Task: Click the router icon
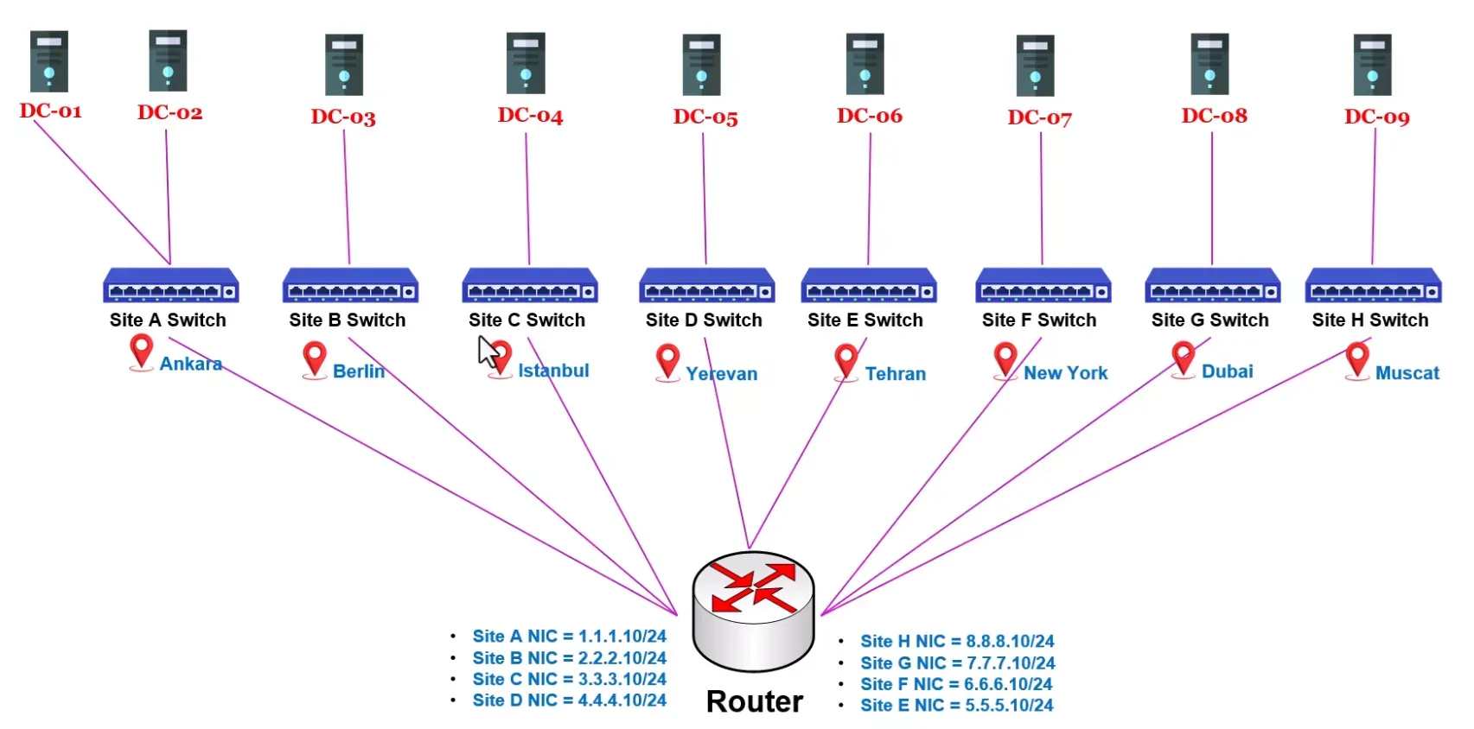754,611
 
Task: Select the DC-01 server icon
49,61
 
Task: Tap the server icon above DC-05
701,65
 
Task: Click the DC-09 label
1376,117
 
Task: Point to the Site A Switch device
171,285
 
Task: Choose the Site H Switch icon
1374,285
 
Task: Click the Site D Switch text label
704,320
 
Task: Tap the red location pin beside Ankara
142,352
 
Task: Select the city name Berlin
359,371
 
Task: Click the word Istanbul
553,371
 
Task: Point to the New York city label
1065,373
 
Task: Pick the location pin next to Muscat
1357,361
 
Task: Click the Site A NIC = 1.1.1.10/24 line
569,637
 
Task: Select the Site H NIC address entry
957,641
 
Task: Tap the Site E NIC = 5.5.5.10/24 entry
957,706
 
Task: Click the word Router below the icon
754,701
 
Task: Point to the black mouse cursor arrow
488,351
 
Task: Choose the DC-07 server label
1040,117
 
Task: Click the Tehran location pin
846,362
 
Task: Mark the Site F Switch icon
1043,285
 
